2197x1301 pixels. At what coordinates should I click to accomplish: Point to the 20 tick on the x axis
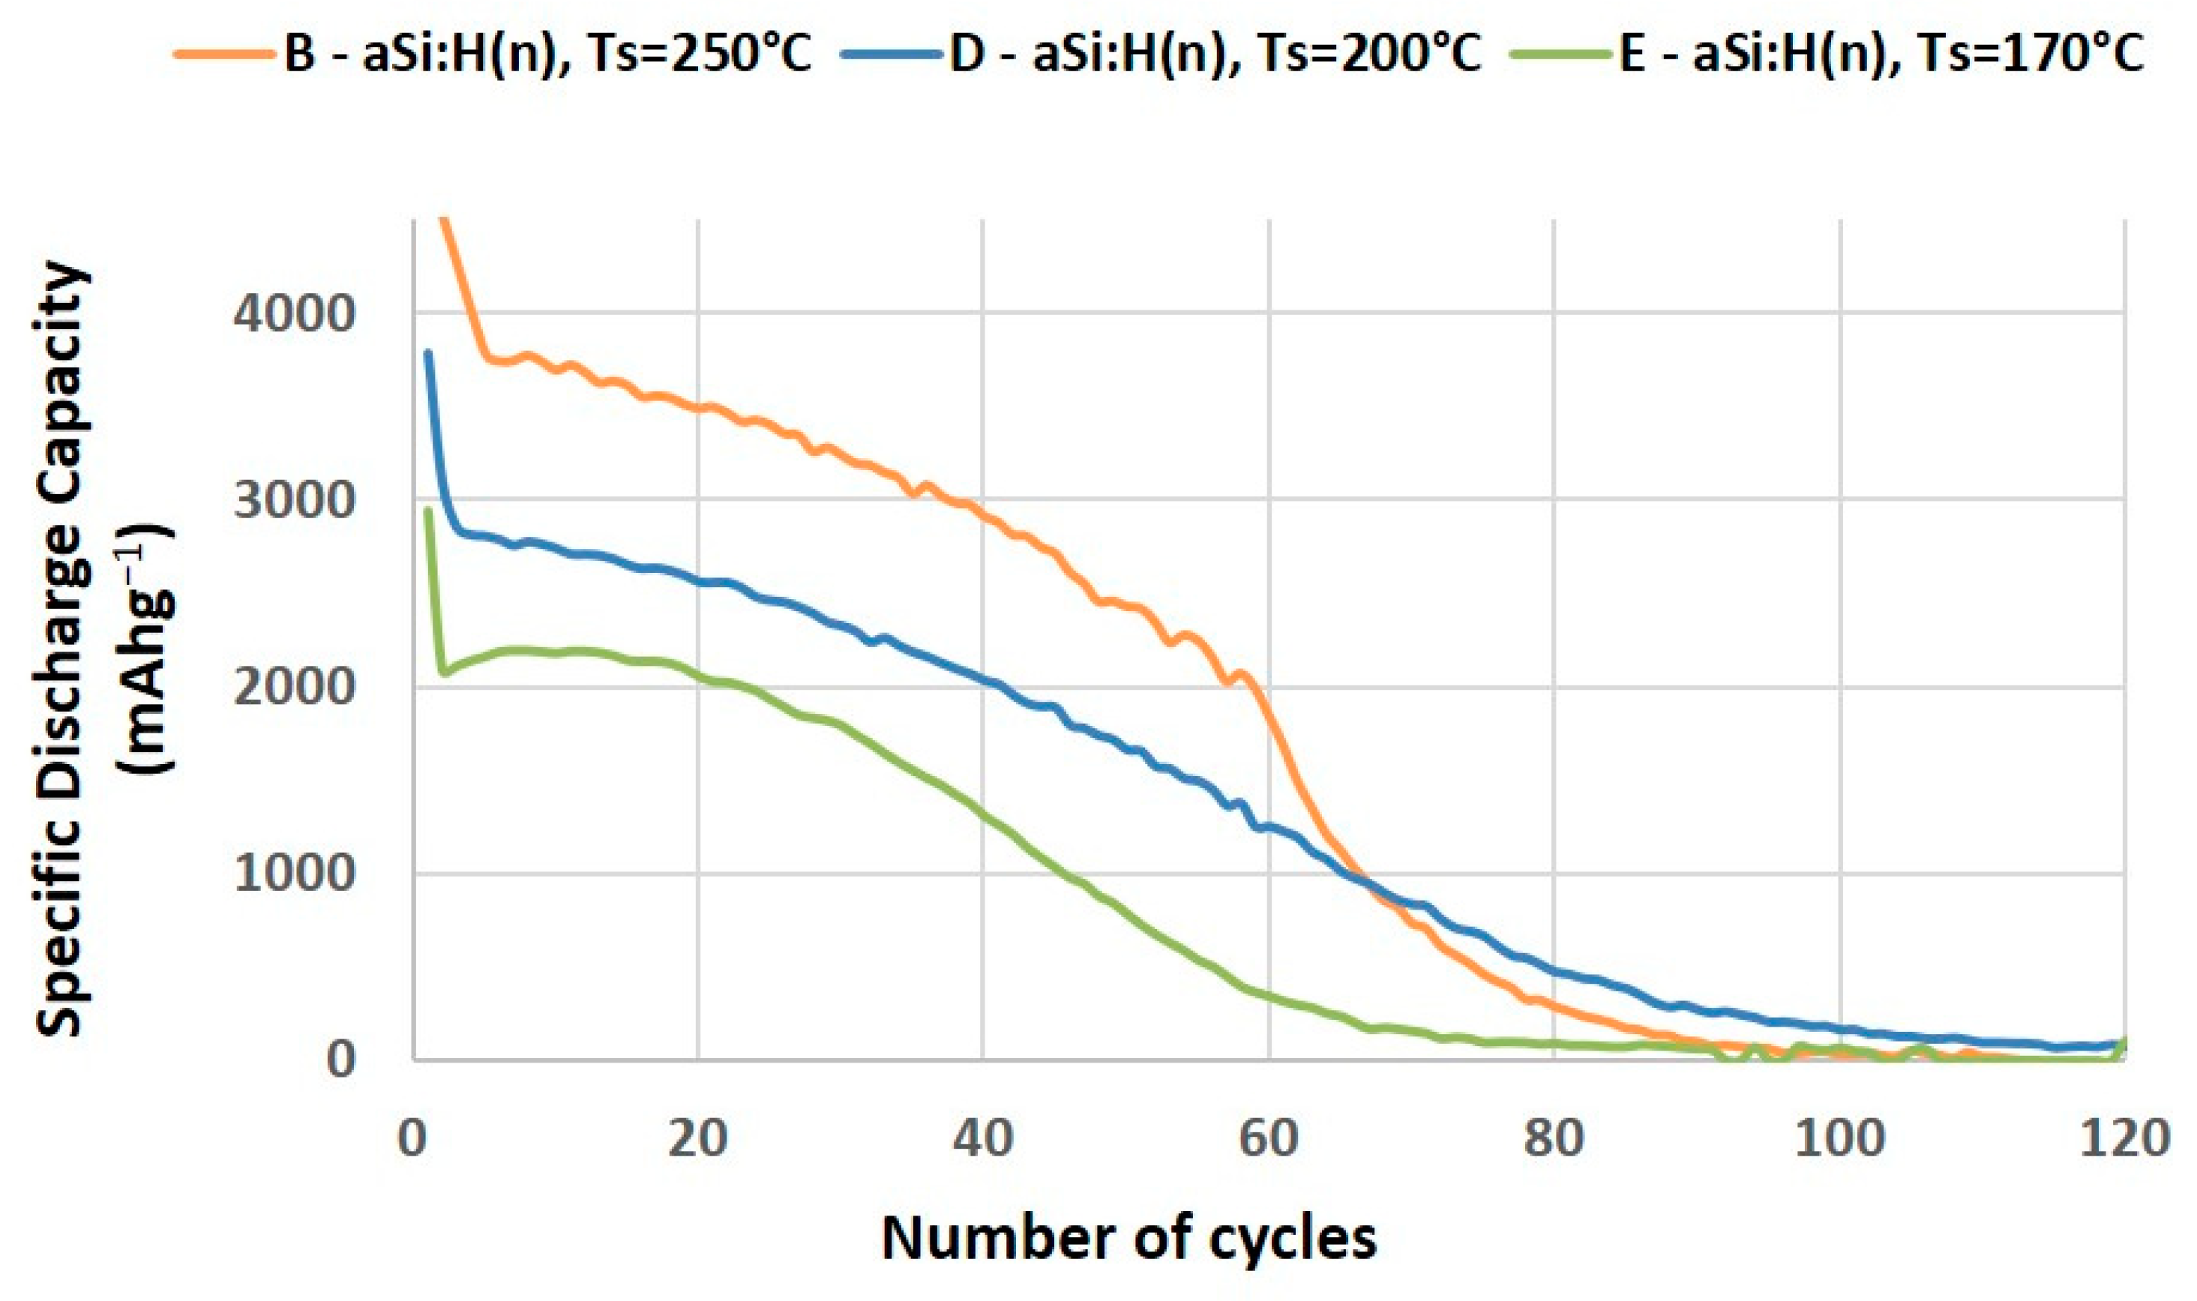pos(698,1139)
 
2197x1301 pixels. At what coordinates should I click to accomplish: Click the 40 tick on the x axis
pos(984,1139)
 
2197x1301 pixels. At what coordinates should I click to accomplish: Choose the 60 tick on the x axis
pos(1269,1139)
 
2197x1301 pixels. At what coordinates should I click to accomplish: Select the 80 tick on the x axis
pos(1554,1139)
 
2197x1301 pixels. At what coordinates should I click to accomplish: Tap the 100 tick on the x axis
pos(1839,1139)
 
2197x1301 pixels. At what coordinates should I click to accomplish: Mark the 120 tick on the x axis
pos(2124,1139)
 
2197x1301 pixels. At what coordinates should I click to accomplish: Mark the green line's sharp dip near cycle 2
pos(445,673)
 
